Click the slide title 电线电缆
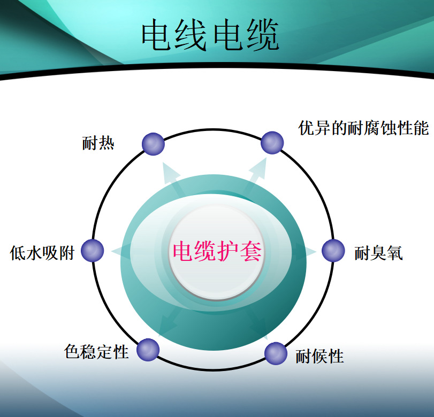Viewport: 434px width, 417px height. tap(210, 35)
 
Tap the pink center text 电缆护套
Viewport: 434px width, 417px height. tap(217, 251)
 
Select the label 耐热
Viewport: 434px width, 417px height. tap(98, 143)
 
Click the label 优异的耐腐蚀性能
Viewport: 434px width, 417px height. tap(363, 128)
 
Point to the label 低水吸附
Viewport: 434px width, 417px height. tap(42, 253)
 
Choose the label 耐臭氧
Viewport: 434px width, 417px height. tap(378, 253)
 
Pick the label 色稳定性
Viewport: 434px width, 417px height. tap(96, 351)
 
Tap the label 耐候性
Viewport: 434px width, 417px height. tap(319, 356)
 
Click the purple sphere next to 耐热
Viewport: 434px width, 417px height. tap(154, 144)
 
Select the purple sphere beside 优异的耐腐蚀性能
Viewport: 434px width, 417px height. tap(272, 143)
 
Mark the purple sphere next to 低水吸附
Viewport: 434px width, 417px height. tap(93, 251)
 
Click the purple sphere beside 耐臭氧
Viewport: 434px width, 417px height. tap(333, 251)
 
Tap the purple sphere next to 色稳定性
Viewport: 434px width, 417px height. tap(148, 350)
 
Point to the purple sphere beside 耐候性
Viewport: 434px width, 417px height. tap(276, 353)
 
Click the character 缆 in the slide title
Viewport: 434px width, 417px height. tap(263, 35)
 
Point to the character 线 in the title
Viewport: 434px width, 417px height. tap(191, 35)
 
